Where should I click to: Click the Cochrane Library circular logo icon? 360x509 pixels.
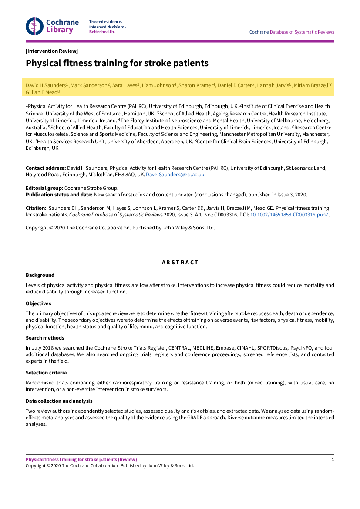34,26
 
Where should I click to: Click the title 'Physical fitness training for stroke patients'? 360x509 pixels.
117,63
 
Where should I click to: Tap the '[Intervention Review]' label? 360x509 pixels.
52,51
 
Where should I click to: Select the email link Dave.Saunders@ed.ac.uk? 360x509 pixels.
175,175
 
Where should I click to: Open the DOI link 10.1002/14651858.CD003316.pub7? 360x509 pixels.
289,215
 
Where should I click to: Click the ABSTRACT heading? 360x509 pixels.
180,263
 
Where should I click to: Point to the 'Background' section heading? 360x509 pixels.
40,275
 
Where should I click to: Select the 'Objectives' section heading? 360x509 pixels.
38,303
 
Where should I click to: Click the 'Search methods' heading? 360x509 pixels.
45,338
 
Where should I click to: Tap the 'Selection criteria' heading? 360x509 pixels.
46,373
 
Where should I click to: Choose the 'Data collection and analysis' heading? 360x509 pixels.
59,401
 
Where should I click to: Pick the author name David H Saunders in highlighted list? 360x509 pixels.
46,85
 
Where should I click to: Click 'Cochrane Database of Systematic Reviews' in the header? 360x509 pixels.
292,32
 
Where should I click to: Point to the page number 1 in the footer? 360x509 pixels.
333,460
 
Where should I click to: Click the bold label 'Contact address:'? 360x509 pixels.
46,168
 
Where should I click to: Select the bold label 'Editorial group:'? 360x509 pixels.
44,188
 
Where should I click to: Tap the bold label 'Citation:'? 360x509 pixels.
36,209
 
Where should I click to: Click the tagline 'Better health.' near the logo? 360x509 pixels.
102,32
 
